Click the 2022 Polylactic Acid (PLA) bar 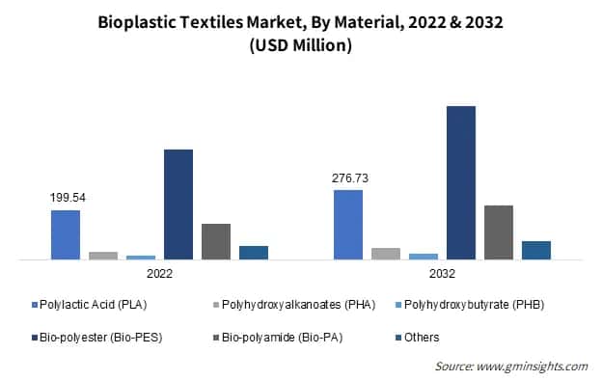pyautogui.click(x=66, y=234)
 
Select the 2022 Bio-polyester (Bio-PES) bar pyautogui.click(x=178, y=204)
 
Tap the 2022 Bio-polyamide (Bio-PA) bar pyautogui.click(x=216, y=241)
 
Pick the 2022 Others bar pyautogui.click(x=254, y=253)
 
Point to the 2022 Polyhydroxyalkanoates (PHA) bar pyautogui.click(x=103, y=256)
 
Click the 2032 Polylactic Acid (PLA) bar pyautogui.click(x=348, y=225)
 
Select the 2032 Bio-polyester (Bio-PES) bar pyautogui.click(x=461, y=182)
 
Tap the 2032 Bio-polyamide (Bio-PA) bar pyautogui.click(x=499, y=232)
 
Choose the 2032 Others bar pyautogui.click(x=536, y=250)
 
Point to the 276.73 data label pyautogui.click(x=349, y=178)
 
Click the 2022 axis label pyautogui.click(x=160, y=274)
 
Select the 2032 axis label pyautogui.click(x=443, y=274)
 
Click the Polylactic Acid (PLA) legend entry pyautogui.click(x=90, y=306)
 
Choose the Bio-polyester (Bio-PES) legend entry pyautogui.click(x=90, y=338)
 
